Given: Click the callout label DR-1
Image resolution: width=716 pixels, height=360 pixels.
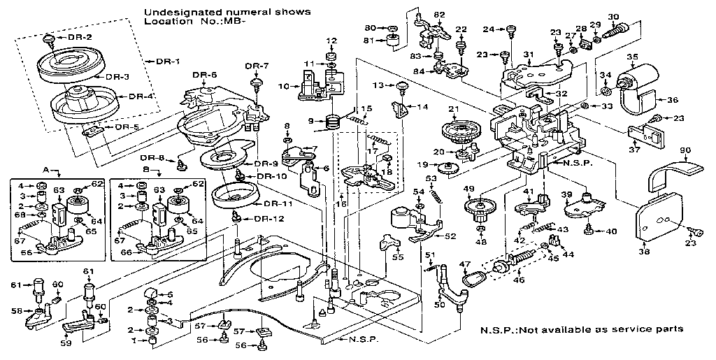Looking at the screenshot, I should pyautogui.click(x=167, y=61).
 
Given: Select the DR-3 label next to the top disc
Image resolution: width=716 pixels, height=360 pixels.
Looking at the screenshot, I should pyautogui.click(x=117, y=76).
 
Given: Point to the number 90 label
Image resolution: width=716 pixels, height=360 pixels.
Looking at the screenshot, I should pyautogui.click(x=685, y=150).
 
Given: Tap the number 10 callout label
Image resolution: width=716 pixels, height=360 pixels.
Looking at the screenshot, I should pyautogui.click(x=282, y=86).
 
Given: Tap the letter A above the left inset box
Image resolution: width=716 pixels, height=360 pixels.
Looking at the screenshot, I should pyautogui.click(x=46, y=169).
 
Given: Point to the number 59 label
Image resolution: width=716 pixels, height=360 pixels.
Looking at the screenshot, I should pyautogui.click(x=67, y=343).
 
